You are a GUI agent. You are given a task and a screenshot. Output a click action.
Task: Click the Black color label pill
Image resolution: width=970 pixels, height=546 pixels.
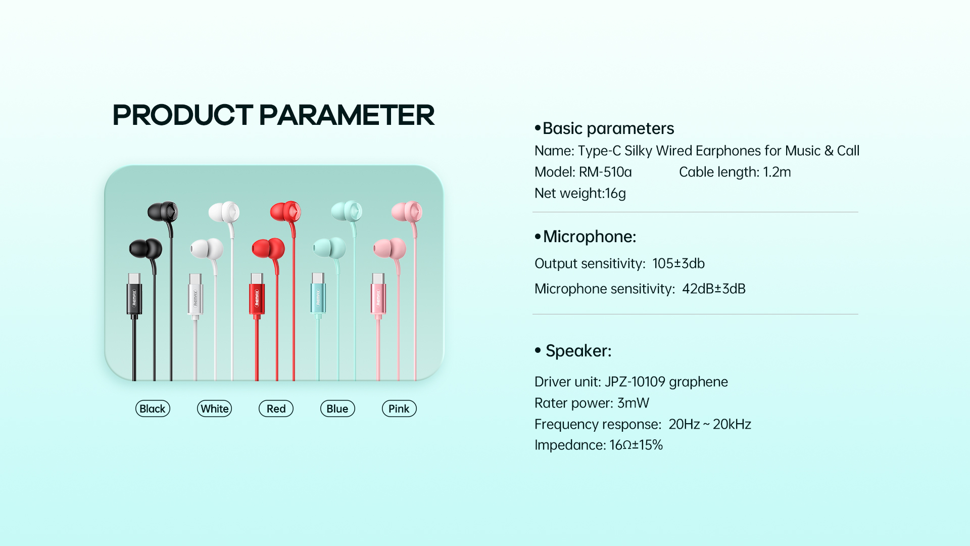pyautogui.click(x=153, y=408)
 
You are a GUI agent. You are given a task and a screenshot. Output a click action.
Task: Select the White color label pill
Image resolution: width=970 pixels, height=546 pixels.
pyautogui.click(x=214, y=408)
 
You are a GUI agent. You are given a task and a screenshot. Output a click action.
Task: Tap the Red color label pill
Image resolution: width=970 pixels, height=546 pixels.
pyautogui.click(x=276, y=408)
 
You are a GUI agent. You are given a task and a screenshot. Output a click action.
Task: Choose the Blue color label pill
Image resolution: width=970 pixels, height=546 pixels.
pyautogui.click(x=337, y=408)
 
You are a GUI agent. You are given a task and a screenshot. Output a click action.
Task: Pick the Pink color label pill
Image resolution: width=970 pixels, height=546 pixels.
pyautogui.click(x=399, y=408)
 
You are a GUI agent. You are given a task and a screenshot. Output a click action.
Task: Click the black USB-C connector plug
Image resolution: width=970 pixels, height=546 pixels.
pyautogui.click(x=134, y=296)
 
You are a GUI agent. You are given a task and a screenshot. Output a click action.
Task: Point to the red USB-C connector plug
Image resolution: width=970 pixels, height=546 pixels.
pyautogui.click(x=257, y=296)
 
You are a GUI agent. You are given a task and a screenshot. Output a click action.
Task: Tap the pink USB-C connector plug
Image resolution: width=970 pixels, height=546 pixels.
pyautogui.click(x=378, y=296)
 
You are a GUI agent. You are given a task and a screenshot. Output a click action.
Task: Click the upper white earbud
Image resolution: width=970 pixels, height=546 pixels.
pyautogui.click(x=224, y=212)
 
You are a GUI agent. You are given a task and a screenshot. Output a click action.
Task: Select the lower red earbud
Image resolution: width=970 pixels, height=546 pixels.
pyautogui.click(x=268, y=249)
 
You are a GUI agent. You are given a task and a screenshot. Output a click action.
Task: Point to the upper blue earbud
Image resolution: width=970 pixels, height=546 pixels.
pyautogui.click(x=347, y=211)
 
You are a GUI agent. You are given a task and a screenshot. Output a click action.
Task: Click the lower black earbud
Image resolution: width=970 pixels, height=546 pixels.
pyautogui.click(x=145, y=248)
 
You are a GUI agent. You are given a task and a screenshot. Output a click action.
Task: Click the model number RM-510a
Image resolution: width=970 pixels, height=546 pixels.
pyautogui.click(x=605, y=172)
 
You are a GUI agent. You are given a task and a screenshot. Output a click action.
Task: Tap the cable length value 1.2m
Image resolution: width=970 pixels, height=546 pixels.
pyautogui.click(x=777, y=172)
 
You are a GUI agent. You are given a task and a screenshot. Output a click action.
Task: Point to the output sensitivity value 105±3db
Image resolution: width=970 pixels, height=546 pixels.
pyautogui.click(x=678, y=263)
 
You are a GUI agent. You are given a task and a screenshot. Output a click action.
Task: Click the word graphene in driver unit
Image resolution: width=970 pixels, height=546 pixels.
pyautogui.click(x=698, y=382)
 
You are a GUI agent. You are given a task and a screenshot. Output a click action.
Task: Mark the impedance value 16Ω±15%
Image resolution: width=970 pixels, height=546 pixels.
pyautogui.click(x=636, y=445)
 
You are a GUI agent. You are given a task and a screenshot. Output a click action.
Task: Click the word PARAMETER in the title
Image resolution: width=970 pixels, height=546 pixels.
pyautogui.click(x=347, y=115)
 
